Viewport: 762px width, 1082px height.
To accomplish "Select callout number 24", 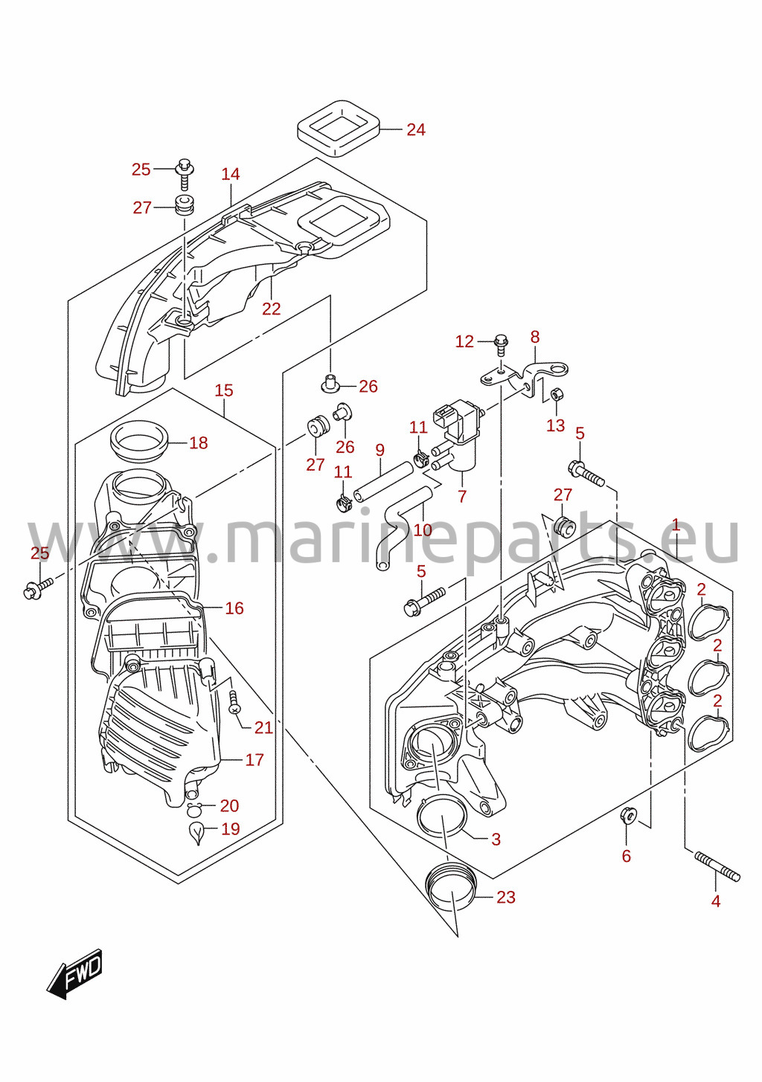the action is point(415,129).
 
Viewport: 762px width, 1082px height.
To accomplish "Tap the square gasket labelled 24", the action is point(339,129).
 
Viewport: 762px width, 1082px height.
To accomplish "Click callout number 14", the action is point(231,174).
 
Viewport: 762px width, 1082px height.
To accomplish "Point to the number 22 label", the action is point(272,309).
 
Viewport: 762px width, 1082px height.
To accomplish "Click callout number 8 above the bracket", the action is point(535,337).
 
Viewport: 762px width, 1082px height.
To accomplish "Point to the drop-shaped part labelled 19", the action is point(196,831).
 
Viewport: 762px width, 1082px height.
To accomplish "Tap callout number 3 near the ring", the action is point(496,839).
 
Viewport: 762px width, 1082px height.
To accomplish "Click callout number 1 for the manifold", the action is point(676,525).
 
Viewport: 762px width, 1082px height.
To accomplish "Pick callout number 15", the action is point(224,390).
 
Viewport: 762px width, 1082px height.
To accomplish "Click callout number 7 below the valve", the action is point(462,496).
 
